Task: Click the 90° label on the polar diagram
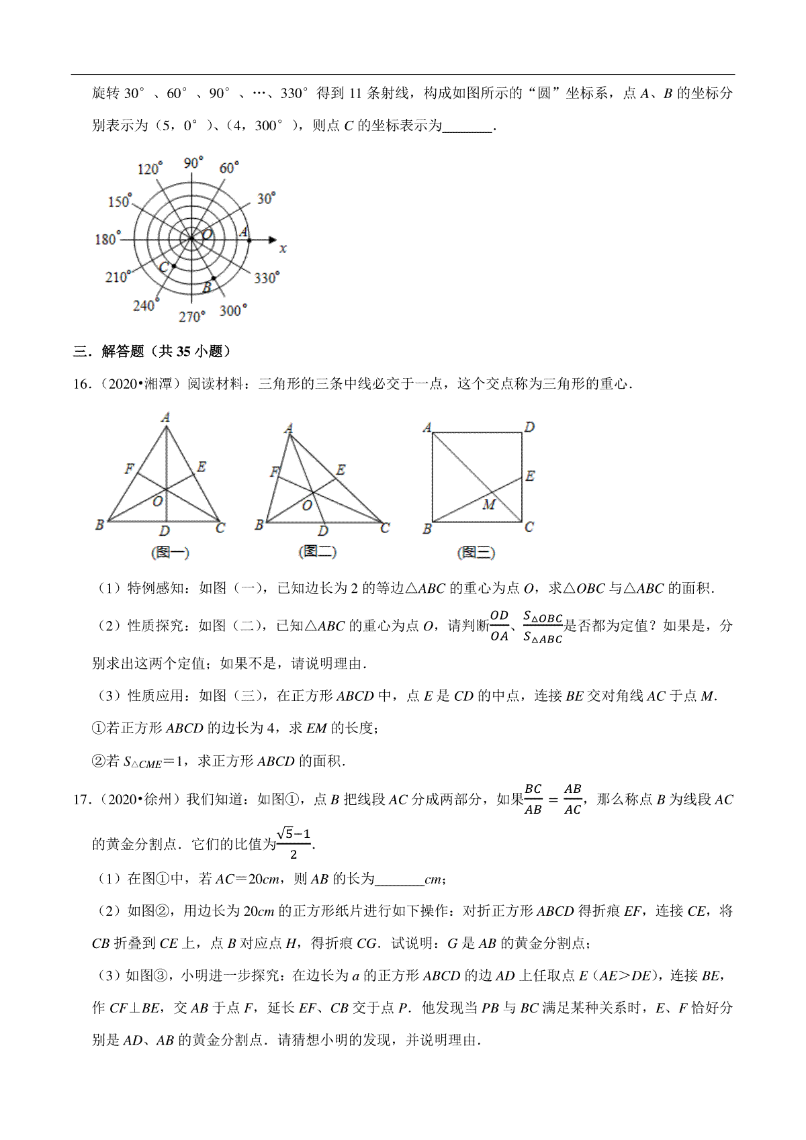(193, 163)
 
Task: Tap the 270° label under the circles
(192, 316)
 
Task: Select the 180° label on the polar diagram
(107, 238)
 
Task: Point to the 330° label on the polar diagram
(267, 277)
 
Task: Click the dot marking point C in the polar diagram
(174, 267)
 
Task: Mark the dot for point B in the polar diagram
(214, 278)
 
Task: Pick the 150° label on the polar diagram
(120, 201)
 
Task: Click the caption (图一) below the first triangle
(170, 553)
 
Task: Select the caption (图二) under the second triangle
(317, 551)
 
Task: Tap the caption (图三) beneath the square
(476, 553)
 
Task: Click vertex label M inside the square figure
(488, 504)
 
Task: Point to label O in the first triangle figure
(158, 501)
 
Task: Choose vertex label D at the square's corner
(529, 427)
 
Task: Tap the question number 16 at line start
(81, 384)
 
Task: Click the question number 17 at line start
(81, 800)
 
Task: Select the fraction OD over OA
(499, 626)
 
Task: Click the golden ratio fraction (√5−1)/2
(294, 843)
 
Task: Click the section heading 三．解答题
(152, 351)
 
